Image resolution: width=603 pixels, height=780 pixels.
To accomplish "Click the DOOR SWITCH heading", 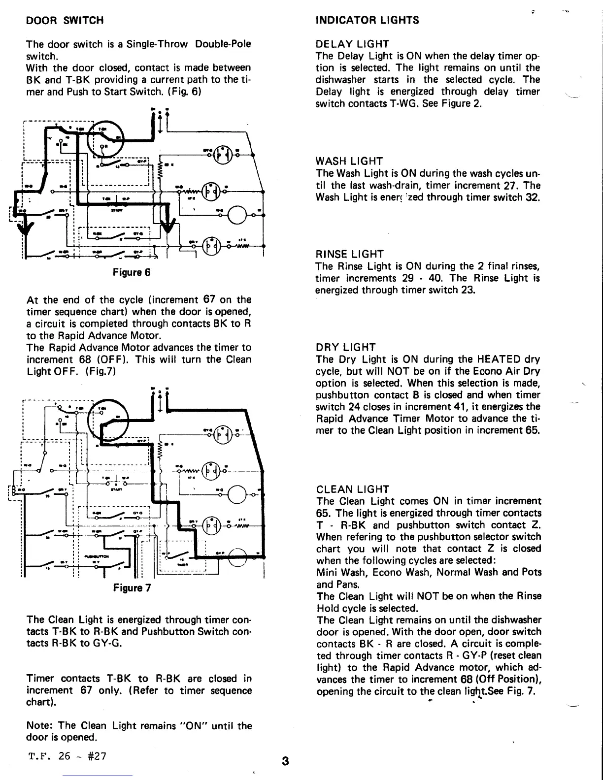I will point(65,21).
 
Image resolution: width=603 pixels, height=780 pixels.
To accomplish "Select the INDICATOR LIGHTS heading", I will point(367,20).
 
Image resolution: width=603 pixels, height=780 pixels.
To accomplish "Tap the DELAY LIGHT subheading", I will point(352,44).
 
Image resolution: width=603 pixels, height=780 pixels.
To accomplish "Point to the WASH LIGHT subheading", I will point(349,162).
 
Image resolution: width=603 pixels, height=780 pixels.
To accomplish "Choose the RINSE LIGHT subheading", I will point(349,255).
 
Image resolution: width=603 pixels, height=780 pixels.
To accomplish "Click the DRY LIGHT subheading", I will point(346,348).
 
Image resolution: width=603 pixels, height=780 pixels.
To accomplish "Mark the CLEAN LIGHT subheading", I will point(353,489).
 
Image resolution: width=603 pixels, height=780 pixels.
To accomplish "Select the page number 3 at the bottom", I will point(285,761).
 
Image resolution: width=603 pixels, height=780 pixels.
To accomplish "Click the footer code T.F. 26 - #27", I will point(67,756).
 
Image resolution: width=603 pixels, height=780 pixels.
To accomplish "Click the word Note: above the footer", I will point(40,726).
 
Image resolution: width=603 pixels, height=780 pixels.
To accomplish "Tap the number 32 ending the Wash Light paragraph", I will point(534,197).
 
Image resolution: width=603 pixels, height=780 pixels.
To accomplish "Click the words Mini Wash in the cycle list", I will point(340,573).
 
